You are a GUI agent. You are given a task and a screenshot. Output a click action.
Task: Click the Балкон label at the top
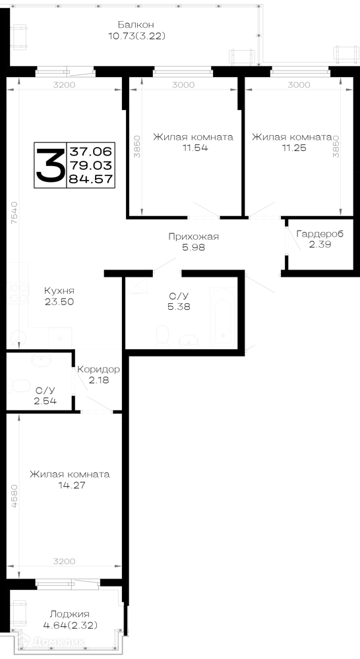[136, 24]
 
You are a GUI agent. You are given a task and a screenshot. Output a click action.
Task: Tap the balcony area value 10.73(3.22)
[136, 36]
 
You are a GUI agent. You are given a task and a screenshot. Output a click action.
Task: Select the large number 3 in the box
[50, 165]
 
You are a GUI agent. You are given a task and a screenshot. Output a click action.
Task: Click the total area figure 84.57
[91, 179]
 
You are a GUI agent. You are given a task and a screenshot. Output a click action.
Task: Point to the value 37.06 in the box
[91, 151]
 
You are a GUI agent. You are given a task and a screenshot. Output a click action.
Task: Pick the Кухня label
[59, 291]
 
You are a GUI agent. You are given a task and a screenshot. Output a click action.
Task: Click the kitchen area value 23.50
[59, 301]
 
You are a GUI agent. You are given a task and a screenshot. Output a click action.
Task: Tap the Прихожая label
[193, 237]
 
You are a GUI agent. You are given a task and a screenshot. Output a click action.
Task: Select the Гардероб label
[320, 234]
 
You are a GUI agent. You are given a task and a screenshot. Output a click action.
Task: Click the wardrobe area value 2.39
[320, 244]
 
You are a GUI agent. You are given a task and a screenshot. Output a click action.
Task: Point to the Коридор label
[99, 370]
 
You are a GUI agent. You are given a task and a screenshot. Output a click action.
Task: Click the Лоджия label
[70, 614]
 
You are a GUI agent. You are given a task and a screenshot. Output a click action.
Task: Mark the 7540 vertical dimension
[14, 214]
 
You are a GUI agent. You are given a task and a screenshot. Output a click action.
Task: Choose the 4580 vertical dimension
[14, 497]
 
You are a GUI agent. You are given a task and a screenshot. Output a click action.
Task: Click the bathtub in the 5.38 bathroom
[223, 314]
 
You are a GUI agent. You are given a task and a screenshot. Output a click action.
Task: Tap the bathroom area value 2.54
[45, 401]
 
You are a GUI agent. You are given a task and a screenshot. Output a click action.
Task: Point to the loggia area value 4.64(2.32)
[71, 625]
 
